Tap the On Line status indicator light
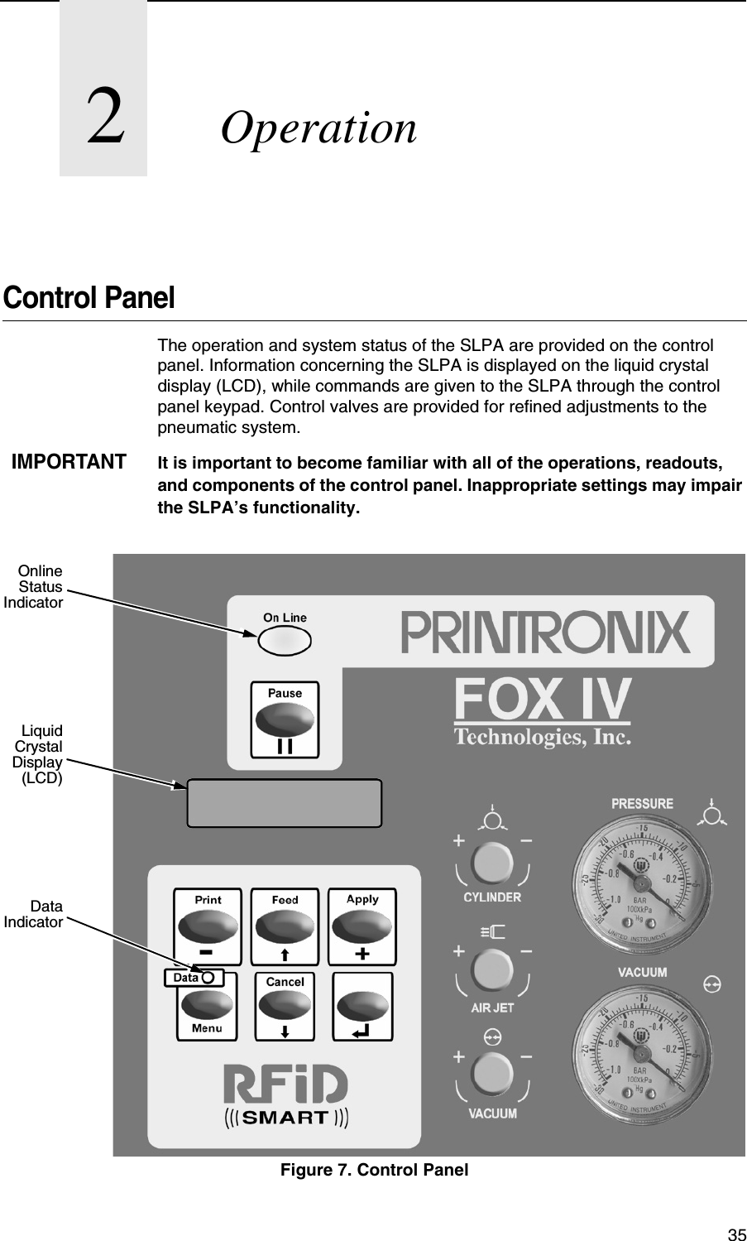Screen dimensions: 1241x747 [x=284, y=639]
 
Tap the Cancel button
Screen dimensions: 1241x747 [x=285, y=1005]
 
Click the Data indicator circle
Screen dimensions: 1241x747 [x=207, y=978]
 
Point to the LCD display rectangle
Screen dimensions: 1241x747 [x=285, y=803]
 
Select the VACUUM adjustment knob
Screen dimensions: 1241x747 [x=492, y=1077]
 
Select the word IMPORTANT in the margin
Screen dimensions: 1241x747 [x=69, y=462]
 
